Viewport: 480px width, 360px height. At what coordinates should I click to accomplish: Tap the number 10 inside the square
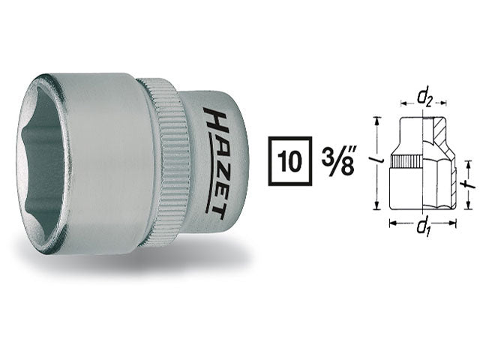pyautogui.click(x=290, y=161)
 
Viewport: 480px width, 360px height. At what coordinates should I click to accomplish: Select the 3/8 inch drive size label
pyautogui.click(x=338, y=161)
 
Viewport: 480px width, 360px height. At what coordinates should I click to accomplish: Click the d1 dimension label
pyautogui.click(x=424, y=228)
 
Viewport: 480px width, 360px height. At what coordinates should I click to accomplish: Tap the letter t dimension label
pyautogui.click(x=468, y=184)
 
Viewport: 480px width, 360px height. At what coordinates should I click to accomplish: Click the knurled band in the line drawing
pyautogui.click(x=406, y=161)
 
